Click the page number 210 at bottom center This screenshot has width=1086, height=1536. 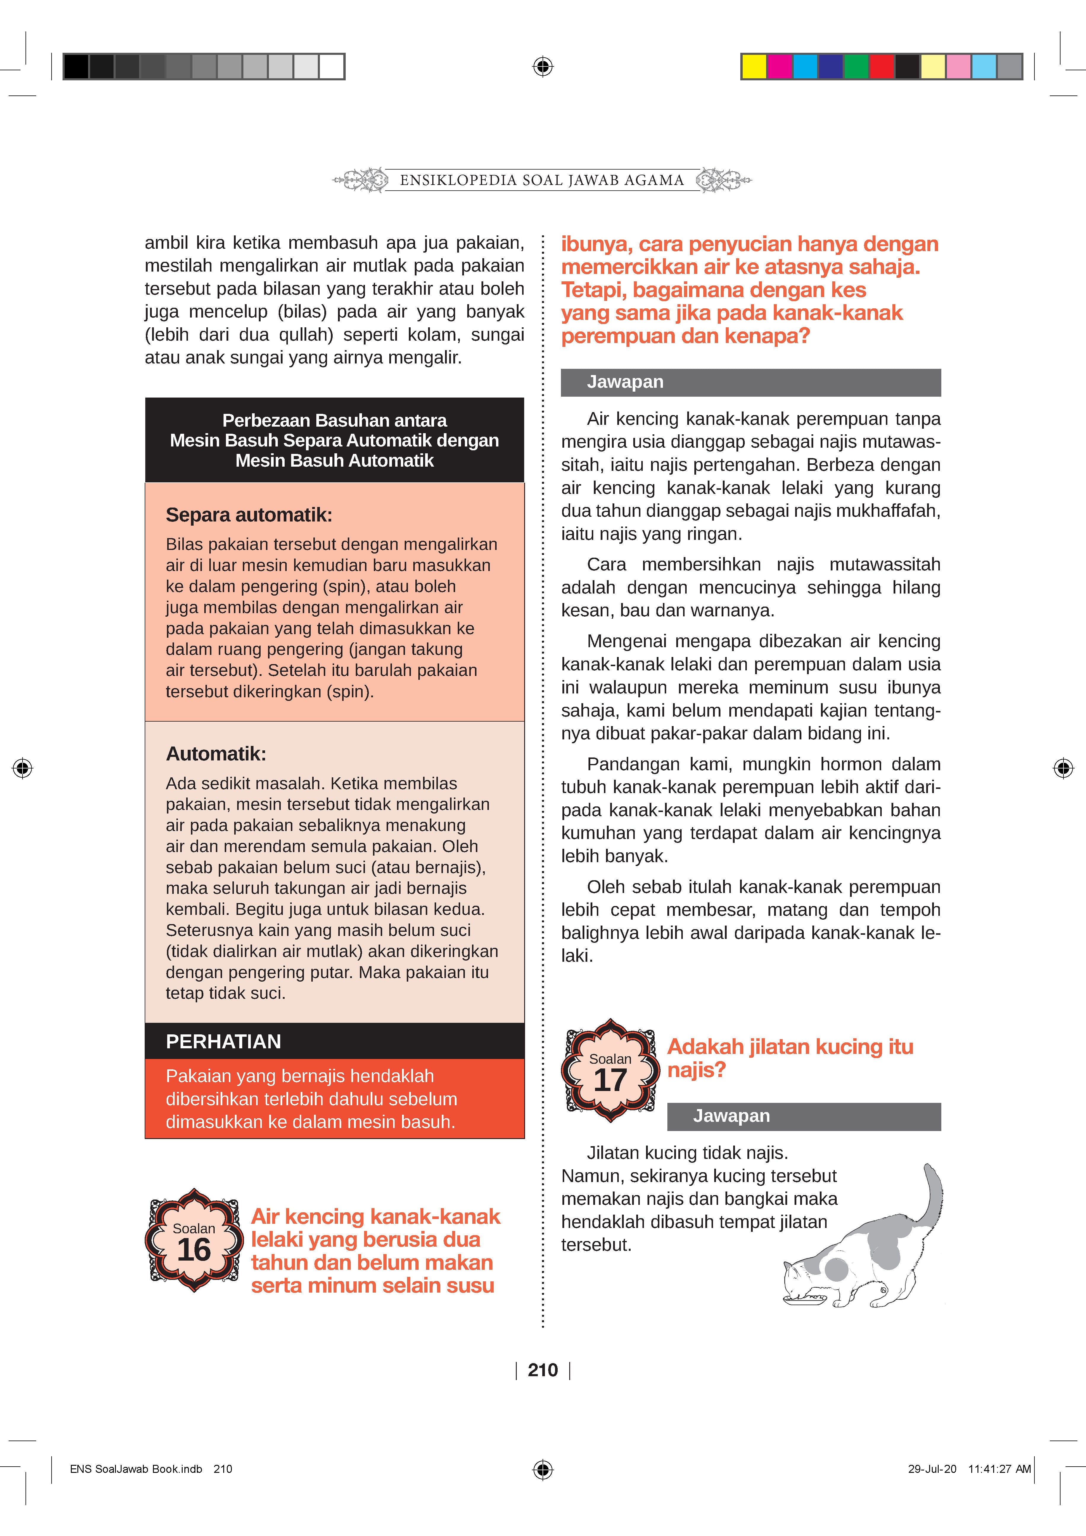click(543, 1370)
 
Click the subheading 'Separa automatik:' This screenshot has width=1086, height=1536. click(249, 515)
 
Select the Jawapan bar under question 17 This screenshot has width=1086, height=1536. click(804, 1116)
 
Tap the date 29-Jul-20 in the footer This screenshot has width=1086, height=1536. click(932, 1469)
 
